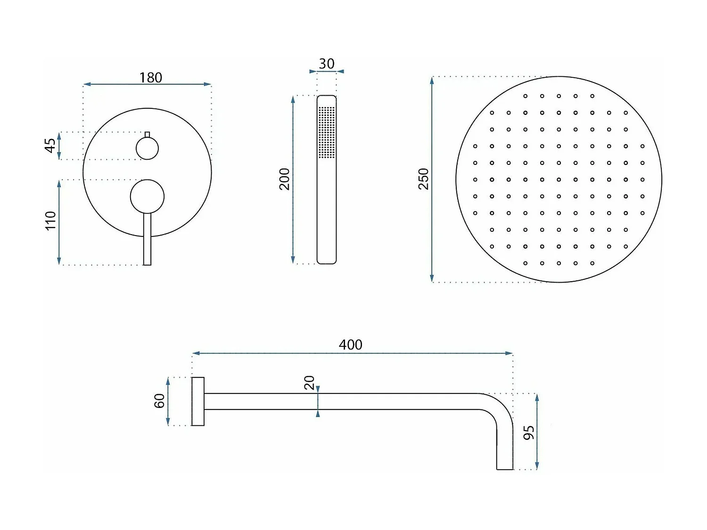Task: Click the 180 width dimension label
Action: click(x=150, y=77)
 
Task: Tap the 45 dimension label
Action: click(x=50, y=145)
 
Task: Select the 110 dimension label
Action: click(x=50, y=220)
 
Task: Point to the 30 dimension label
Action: click(x=326, y=64)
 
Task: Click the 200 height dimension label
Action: click(x=284, y=179)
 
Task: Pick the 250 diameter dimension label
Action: click(x=423, y=179)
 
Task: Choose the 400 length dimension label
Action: click(x=350, y=344)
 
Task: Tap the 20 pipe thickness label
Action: click(x=309, y=383)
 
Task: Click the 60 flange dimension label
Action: click(x=159, y=401)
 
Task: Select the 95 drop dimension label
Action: click(x=529, y=432)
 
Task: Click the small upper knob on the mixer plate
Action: click(x=147, y=148)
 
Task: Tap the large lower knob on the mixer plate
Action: click(x=147, y=196)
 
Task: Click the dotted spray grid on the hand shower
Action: click(x=326, y=132)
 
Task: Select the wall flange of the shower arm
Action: click(x=198, y=401)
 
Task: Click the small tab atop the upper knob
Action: click(x=147, y=134)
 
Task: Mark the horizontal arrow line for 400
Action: click(x=283, y=353)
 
